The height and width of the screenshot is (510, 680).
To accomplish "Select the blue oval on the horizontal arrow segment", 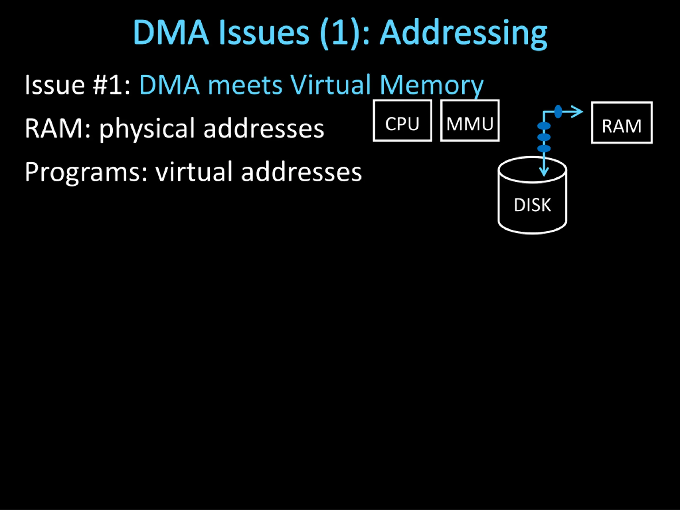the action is click(x=558, y=112).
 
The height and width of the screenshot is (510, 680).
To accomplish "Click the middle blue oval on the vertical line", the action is click(x=544, y=137).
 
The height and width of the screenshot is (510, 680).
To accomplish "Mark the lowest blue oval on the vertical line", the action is click(x=544, y=148).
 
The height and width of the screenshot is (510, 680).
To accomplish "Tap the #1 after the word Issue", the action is click(x=112, y=85).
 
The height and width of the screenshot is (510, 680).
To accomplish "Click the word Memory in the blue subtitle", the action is click(x=432, y=86).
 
